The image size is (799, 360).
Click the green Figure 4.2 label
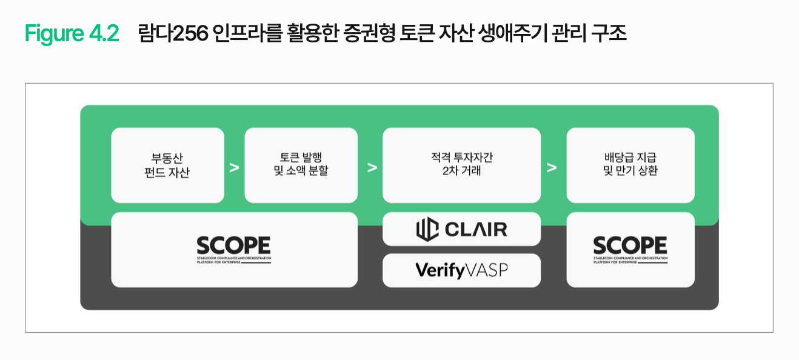[x=72, y=33]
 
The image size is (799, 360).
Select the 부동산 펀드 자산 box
[x=167, y=165]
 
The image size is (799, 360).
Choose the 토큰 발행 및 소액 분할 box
[x=301, y=165]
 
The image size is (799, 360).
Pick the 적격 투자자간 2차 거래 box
[x=461, y=165]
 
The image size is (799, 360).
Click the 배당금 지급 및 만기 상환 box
[x=630, y=165]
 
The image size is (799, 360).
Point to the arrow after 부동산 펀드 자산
[x=234, y=168]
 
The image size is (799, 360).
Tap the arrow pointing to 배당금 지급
[x=552, y=168]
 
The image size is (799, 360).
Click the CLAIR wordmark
[x=476, y=230]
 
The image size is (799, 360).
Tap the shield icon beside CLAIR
[x=427, y=229]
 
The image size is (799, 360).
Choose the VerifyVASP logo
[x=461, y=270]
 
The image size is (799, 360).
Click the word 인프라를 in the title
[x=247, y=33]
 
